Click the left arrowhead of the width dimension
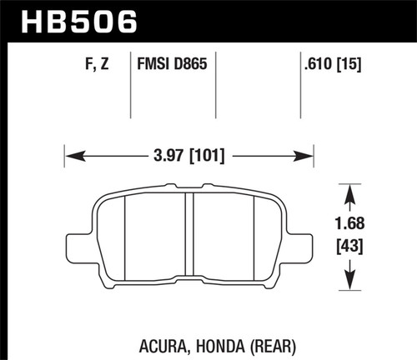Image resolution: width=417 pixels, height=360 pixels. point(70,154)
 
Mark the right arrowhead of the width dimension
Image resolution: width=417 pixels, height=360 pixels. point(308,154)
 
